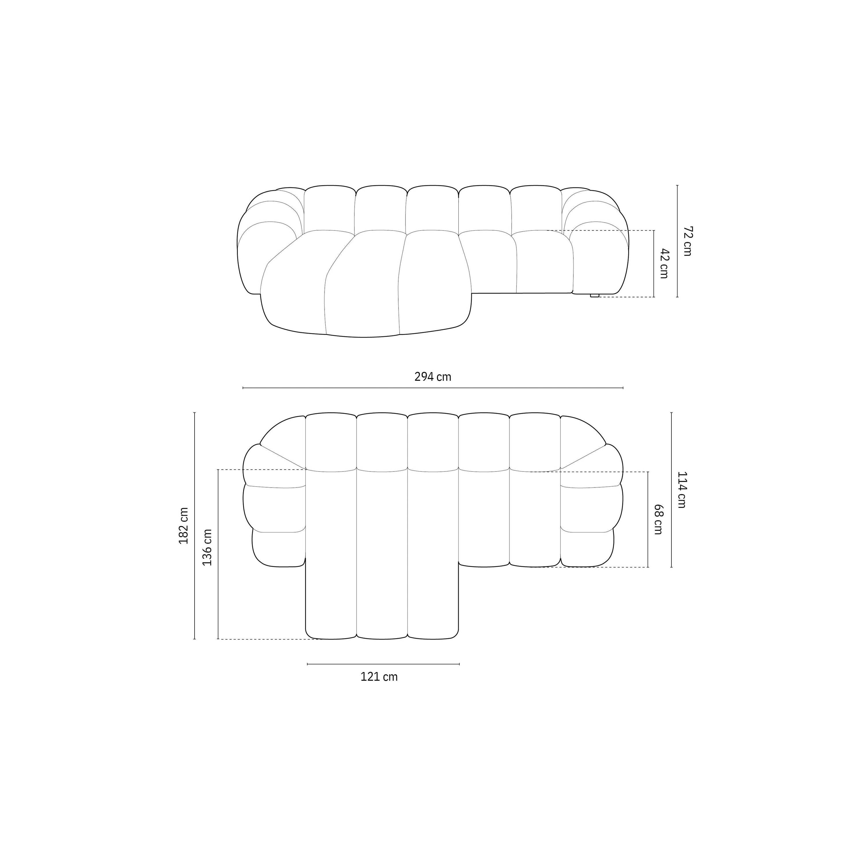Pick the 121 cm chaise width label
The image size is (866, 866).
[x=379, y=677]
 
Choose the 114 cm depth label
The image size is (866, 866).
[x=681, y=490]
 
